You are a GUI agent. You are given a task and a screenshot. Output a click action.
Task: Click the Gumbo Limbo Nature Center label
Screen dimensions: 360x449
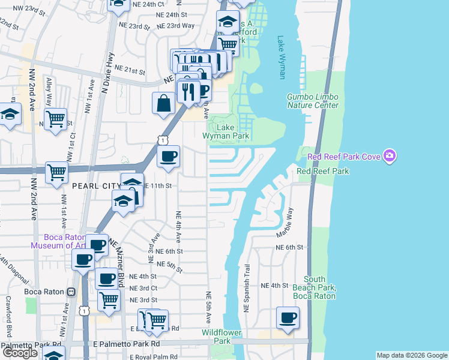click(x=312, y=101)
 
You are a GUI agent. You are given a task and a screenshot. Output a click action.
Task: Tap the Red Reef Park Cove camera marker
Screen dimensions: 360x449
click(x=391, y=157)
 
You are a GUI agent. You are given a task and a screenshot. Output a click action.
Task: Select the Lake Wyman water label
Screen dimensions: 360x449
click(x=281, y=58)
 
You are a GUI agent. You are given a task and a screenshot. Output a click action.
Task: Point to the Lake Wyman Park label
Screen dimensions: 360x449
click(x=232, y=132)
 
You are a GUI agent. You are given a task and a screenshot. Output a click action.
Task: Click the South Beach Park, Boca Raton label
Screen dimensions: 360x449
click(x=319, y=287)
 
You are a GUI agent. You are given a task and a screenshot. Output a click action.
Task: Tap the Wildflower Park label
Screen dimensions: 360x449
click(x=217, y=337)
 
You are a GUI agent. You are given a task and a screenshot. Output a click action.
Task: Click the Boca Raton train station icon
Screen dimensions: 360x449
click(x=71, y=292)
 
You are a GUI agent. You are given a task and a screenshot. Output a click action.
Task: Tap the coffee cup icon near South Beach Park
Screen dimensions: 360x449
click(x=288, y=318)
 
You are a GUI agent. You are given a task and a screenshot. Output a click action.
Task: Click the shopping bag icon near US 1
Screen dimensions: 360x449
click(x=163, y=103)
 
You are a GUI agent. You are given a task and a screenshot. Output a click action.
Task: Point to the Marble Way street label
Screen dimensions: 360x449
click(x=291, y=221)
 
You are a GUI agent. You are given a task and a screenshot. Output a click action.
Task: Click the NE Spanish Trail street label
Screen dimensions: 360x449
click(x=246, y=287)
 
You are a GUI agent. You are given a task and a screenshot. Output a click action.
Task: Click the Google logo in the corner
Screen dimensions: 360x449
click(x=20, y=352)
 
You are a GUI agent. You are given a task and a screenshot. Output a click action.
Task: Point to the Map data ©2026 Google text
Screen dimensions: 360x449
click(x=412, y=355)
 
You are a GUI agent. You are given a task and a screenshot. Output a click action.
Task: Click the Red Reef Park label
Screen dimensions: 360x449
click(x=323, y=172)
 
